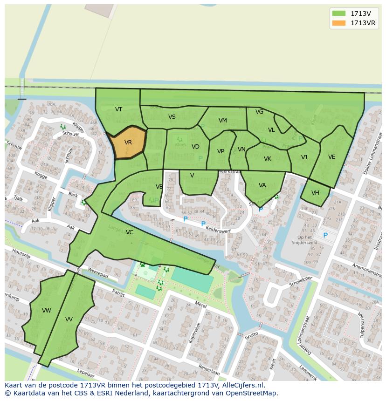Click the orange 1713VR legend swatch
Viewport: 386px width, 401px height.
(x=339, y=23)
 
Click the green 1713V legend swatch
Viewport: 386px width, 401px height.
(x=339, y=14)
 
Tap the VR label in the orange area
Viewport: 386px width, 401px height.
(x=128, y=143)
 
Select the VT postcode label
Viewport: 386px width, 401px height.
(x=118, y=109)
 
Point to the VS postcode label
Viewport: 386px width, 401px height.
(x=172, y=117)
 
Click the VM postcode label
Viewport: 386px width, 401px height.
(x=223, y=121)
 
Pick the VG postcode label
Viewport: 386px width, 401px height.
(x=259, y=112)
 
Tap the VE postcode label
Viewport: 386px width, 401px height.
(x=331, y=157)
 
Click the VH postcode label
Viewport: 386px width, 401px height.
(x=315, y=193)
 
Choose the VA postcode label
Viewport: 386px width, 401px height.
(x=262, y=185)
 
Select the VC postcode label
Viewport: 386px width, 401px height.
(x=130, y=232)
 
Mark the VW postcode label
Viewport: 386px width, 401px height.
(x=46, y=311)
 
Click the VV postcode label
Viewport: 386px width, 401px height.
(x=69, y=319)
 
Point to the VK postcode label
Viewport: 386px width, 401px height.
(x=267, y=159)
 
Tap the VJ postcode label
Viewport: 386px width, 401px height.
(x=304, y=157)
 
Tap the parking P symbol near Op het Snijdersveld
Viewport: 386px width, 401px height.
(x=325, y=236)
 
